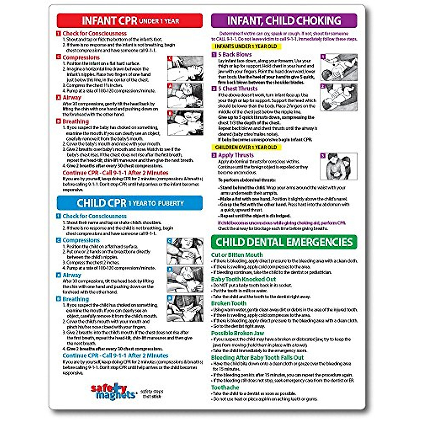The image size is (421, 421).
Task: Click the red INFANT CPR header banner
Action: (x=130, y=21)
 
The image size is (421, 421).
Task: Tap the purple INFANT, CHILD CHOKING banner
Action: (x=284, y=21)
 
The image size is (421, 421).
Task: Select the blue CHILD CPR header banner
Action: (x=130, y=203)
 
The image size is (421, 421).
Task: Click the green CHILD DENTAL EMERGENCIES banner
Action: (x=284, y=242)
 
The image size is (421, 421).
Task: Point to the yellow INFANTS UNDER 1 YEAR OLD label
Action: (x=246, y=46)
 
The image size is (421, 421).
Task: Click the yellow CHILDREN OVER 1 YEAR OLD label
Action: (x=246, y=147)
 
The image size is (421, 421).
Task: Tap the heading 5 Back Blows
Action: (x=235, y=55)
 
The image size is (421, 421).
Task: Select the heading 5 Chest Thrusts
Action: (x=238, y=89)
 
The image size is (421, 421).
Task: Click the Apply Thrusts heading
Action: (x=236, y=155)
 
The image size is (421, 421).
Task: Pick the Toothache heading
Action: (x=225, y=387)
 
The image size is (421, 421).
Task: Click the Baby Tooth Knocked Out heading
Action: (x=243, y=279)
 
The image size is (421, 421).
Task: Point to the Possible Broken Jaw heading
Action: (x=238, y=333)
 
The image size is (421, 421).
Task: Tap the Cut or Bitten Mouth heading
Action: (x=237, y=255)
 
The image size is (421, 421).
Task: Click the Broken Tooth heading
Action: (x=229, y=303)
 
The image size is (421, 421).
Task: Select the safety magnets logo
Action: (x=113, y=392)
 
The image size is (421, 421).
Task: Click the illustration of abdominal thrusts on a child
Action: (x=339, y=166)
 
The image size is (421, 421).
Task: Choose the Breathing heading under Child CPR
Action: (x=75, y=299)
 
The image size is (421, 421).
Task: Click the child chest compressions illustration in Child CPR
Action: (x=185, y=251)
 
